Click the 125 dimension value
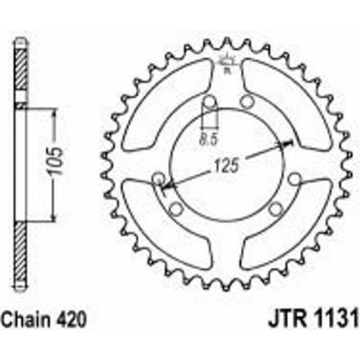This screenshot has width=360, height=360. coord(229,165)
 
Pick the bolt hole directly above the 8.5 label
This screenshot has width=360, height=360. coord(209,100)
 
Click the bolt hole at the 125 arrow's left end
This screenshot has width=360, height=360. coord(160,176)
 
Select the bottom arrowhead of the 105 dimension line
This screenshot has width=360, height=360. coord(58,221)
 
